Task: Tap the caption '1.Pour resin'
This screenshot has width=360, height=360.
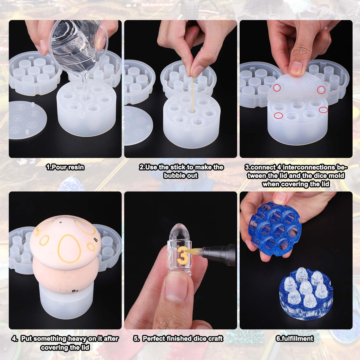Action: (x=65, y=167)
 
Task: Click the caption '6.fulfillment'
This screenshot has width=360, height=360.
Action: (x=294, y=339)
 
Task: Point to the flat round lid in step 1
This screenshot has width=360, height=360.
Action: (x=27, y=120)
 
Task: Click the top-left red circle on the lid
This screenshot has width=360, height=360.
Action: (x=277, y=88)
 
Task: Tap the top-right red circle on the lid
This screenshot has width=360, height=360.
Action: (x=321, y=90)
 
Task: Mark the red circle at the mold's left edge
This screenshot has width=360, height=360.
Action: (x=278, y=116)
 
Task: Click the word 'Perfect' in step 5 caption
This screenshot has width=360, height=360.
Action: (x=154, y=339)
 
